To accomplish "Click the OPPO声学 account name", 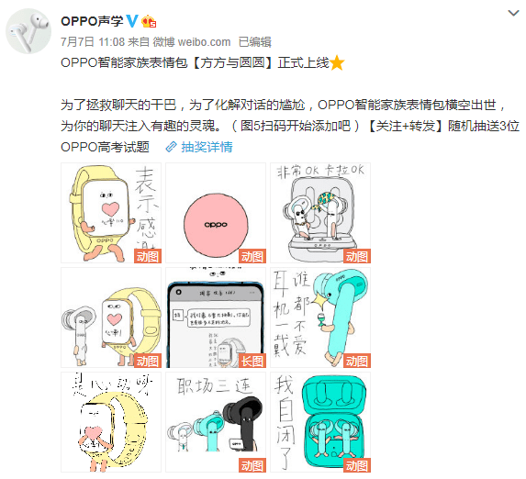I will pos(91,20).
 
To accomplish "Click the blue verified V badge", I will pos(132,20).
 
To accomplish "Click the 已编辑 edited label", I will pos(254,41).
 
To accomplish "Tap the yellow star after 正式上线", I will pos(337,62).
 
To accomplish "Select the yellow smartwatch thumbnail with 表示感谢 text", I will pos(111,213).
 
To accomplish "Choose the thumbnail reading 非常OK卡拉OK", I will pos(319,213).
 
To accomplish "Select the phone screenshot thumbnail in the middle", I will pos(216,318).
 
